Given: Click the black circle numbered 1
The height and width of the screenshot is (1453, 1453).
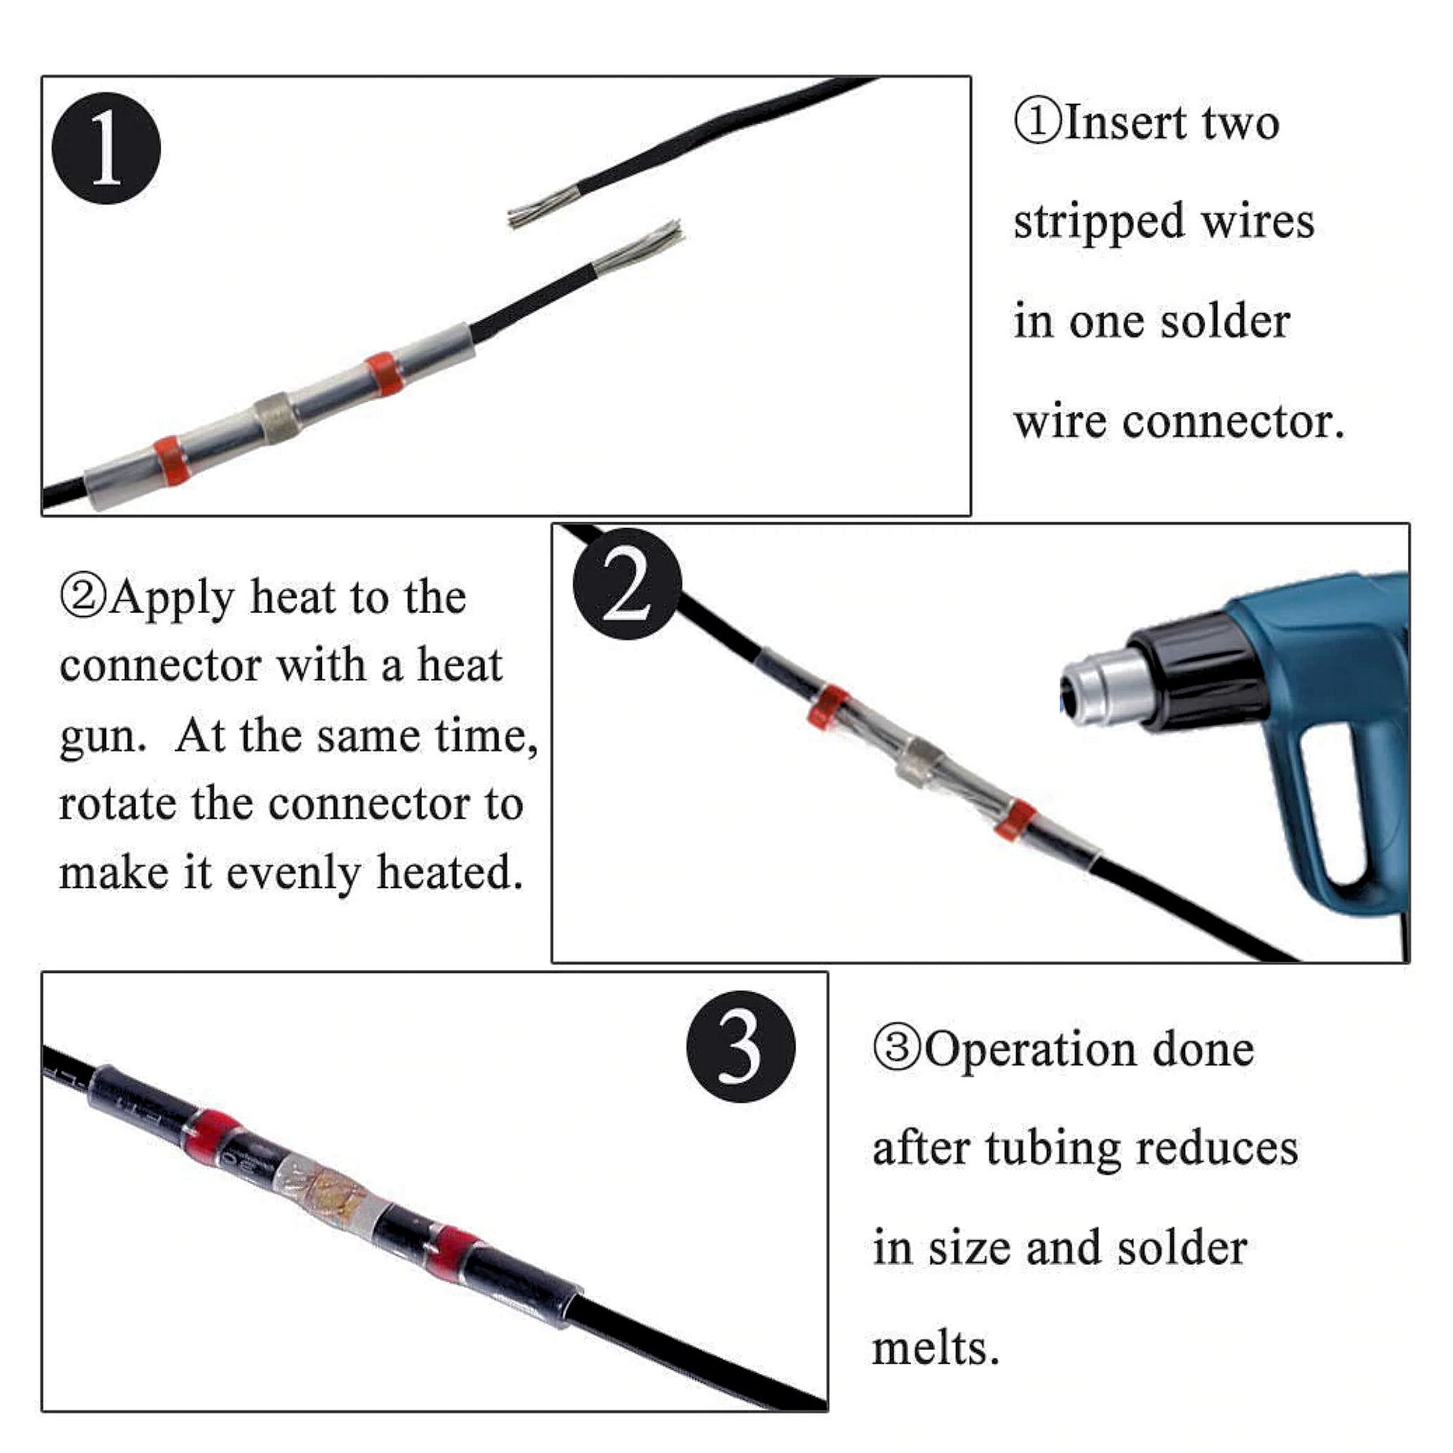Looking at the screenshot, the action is tap(106, 148).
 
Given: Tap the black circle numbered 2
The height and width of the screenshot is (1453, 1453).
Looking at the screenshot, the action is tap(627, 585).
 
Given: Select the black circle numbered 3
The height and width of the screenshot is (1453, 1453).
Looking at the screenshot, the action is tap(741, 1047).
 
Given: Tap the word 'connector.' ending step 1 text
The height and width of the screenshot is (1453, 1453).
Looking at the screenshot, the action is tap(1233, 422).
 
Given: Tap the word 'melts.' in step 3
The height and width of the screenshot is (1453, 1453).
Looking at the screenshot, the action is tap(936, 1348).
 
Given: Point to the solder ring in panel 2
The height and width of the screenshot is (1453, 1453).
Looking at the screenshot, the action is tap(918, 765).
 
